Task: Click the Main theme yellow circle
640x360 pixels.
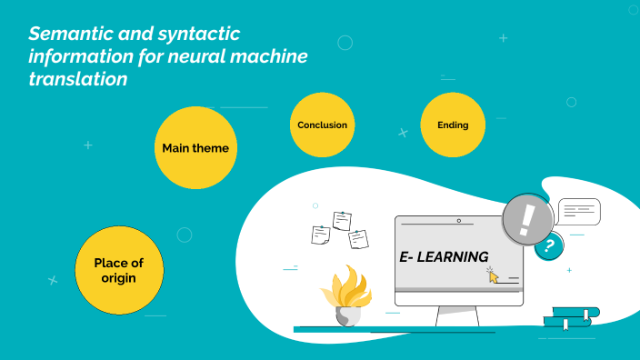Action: [195, 147]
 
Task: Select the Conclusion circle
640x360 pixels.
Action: [322, 125]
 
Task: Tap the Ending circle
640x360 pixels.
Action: [452, 125]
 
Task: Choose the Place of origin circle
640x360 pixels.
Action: [118, 270]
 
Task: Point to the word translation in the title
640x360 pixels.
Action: [77, 80]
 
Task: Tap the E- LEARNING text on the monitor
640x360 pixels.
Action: [444, 257]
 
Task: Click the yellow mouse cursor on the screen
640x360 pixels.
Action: [493, 275]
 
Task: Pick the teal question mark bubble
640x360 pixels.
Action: [547, 245]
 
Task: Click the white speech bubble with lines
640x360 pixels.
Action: [578, 212]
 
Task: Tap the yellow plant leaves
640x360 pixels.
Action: [345, 287]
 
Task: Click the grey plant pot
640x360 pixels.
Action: [347, 316]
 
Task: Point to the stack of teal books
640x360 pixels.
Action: [571, 317]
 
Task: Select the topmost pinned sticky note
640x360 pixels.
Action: [343, 220]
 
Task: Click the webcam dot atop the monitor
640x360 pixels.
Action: [459, 221]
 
